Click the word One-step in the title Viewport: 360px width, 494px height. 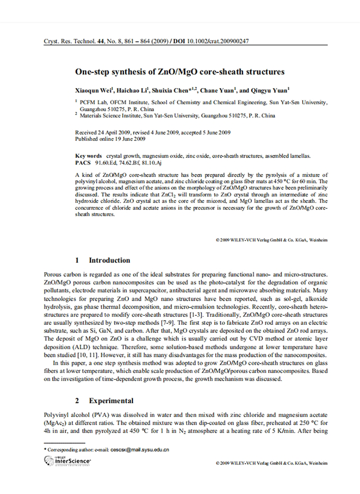(94, 72)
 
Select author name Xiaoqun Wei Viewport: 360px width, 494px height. (95, 91)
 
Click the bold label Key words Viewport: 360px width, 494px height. (89, 156)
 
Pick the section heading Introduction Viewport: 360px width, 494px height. (109, 261)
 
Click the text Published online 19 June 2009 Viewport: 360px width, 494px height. (111, 139)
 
